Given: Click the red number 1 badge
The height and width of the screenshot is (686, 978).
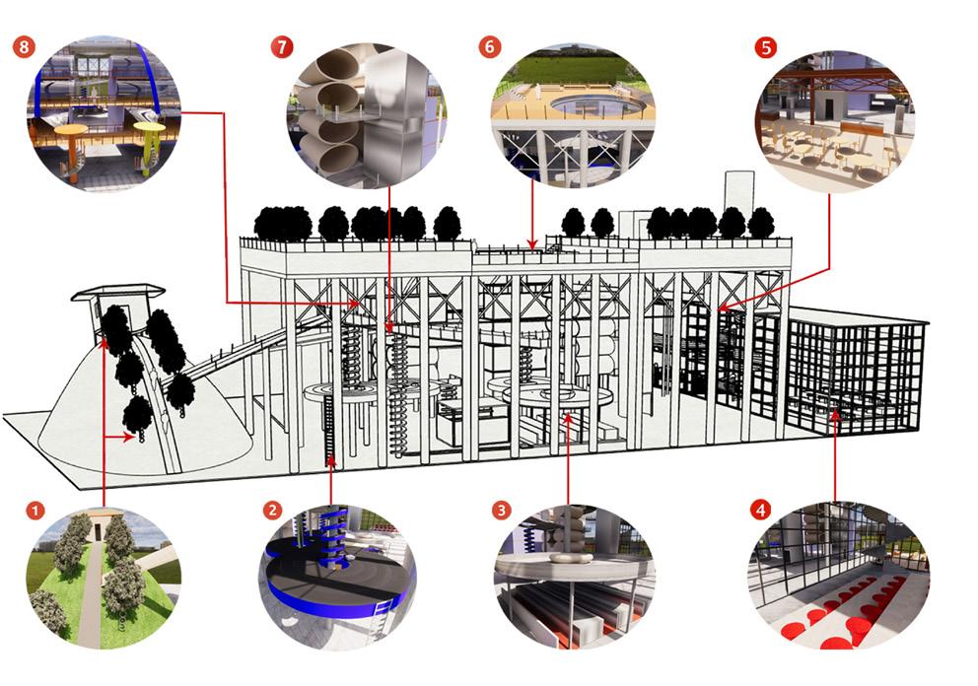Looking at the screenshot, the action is pyautogui.click(x=35, y=511).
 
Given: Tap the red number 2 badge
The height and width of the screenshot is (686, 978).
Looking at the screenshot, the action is pyautogui.click(x=272, y=511).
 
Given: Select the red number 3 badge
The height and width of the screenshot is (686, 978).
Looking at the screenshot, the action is pyautogui.click(x=502, y=511).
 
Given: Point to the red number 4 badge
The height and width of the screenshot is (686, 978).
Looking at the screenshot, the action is pyautogui.click(x=760, y=511).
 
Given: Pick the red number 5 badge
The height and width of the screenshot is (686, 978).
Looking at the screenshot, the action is pyautogui.click(x=765, y=47).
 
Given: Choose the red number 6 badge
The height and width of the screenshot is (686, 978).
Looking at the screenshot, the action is pyautogui.click(x=490, y=47).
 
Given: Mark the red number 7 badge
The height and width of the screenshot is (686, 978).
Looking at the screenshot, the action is pyautogui.click(x=282, y=47).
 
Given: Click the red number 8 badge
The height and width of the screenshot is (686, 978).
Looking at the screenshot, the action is pyautogui.click(x=24, y=47).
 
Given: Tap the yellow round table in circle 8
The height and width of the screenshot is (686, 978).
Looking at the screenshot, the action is pyautogui.click(x=150, y=128).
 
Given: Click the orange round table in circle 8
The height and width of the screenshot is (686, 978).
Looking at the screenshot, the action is pyautogui.click(x=71, y=130).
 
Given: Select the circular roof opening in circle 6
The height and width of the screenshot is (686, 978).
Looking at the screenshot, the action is pyautogui.click(x=597, y=105).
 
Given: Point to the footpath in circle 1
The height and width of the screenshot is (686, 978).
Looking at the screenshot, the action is pyautogui.click(x=94, y=580).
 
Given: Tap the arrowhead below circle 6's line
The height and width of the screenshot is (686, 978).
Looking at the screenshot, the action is pyautogui.click(x=532, y=243).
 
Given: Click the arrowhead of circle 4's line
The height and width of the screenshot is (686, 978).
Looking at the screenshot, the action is pyautogui.click(x=835, y=414).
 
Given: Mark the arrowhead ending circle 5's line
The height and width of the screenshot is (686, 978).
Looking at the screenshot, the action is pyautogui.click(x=722, y=307).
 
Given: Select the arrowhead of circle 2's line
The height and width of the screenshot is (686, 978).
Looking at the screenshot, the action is pyautogui.click(x=331, y=462).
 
